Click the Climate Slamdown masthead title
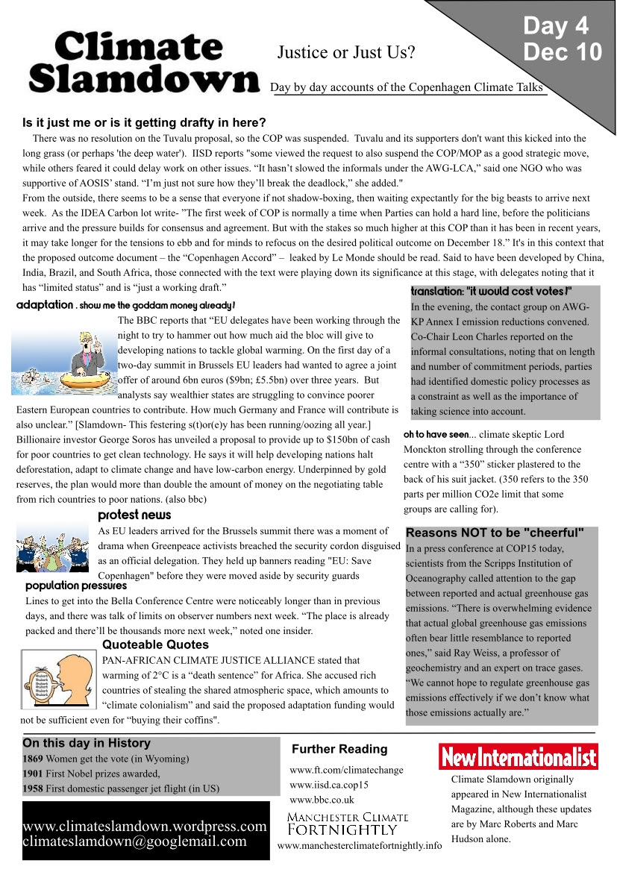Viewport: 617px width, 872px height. [142, 63]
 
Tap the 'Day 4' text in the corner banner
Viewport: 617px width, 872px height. [555, 26]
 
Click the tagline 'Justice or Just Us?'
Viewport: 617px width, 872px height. [346, 52]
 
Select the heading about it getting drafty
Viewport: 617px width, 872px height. [144, 123]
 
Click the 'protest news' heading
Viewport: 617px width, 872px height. [134, 515]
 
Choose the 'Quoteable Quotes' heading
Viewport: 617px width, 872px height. [155, 644]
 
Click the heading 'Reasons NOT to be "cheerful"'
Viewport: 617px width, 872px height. [495, 533]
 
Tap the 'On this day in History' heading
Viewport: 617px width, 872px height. [87, 743]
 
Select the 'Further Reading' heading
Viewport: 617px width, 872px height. [339, 749]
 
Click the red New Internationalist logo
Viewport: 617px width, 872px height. [518, 757]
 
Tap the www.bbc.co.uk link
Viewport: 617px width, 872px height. [322, 800]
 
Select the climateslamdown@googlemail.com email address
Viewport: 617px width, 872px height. [134, 841]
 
